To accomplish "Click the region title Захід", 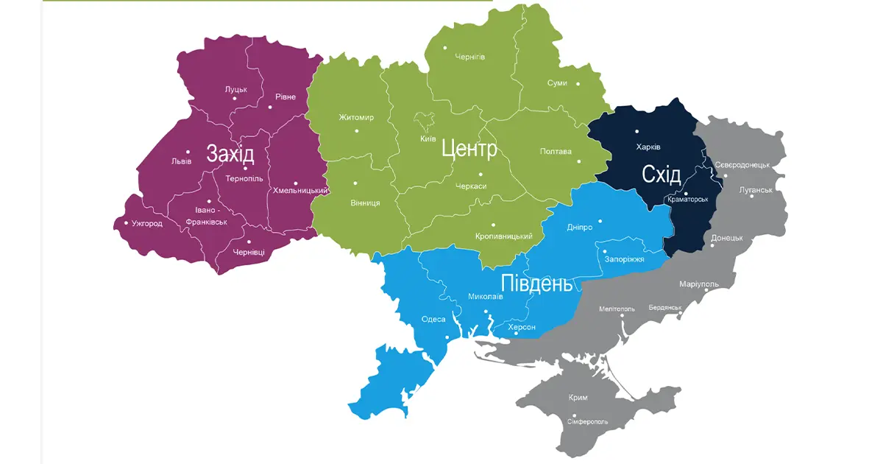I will [230, 154].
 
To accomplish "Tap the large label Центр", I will [469, 150].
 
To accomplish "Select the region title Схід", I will [661, 175].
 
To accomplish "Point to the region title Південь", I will [536, 284].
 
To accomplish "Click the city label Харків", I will [648, 147].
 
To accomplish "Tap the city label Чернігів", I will [470, 57].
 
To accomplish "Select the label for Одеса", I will [433, 319].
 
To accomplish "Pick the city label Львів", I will [181, 161].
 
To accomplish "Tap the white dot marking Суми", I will [578, 84].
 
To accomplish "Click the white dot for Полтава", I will [578, 161].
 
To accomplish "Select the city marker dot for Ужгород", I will [126, 223].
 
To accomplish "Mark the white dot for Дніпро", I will [600, 220].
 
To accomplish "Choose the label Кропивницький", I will [504, 236].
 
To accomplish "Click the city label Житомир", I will [356, 118].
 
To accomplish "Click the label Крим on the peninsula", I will [578, 397].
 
